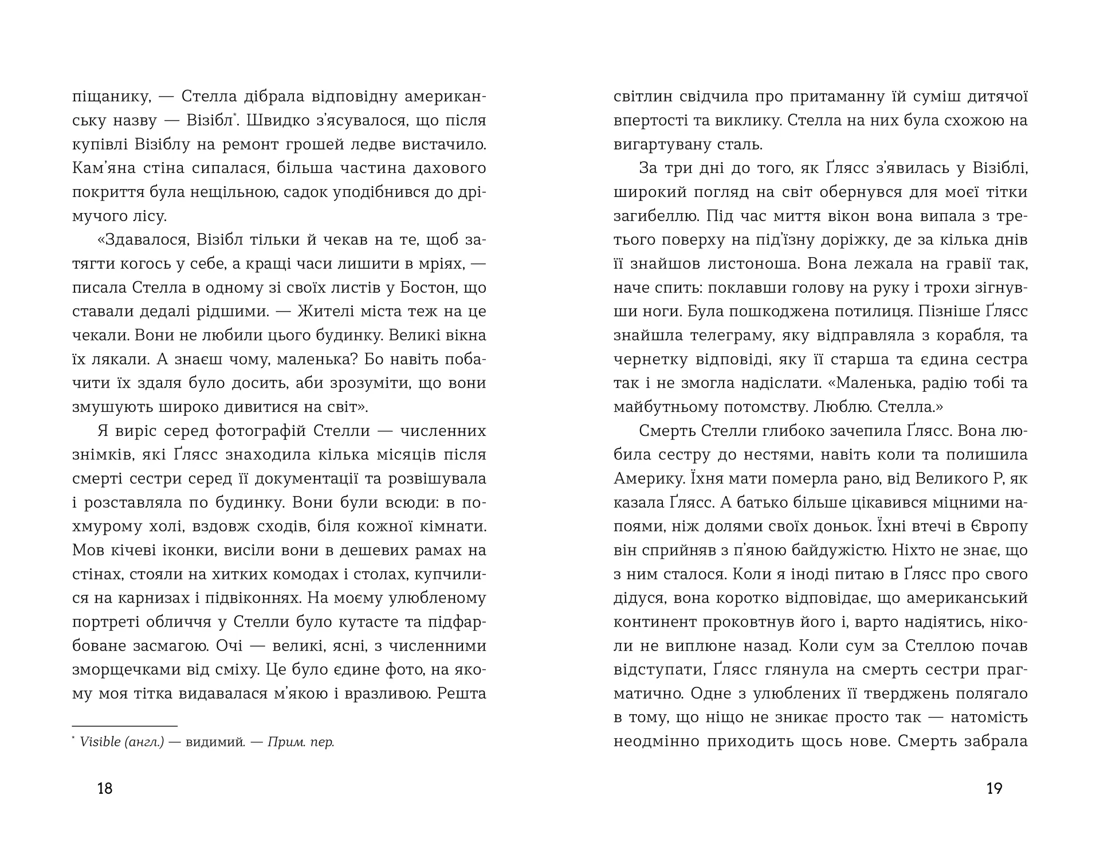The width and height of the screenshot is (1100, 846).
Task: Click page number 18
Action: pos(105,789)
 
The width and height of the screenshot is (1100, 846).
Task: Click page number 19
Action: pos(994,789)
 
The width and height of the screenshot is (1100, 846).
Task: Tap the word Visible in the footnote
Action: pos(100,742)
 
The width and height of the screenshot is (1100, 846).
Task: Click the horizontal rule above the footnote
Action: pos(125,726)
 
